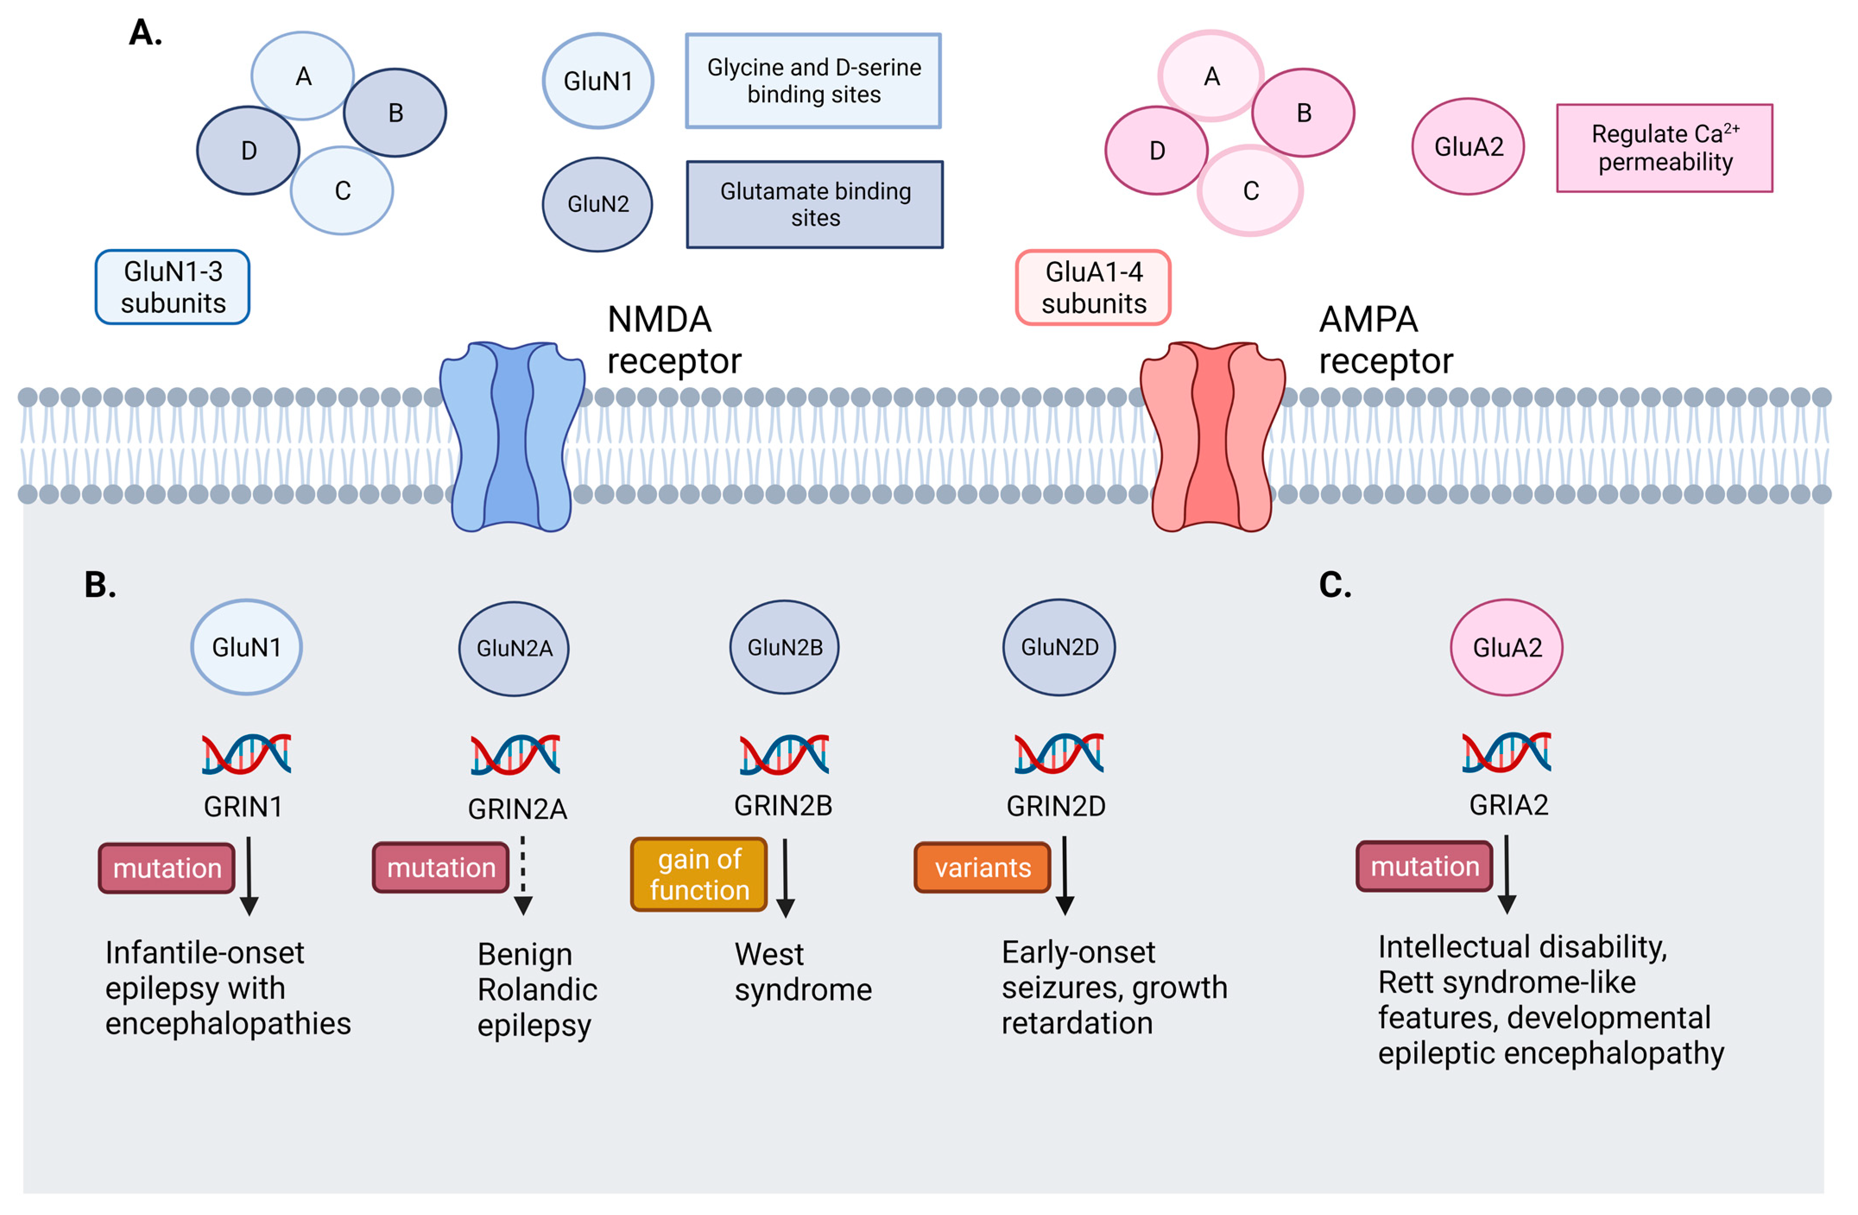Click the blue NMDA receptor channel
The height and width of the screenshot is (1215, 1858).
tap(512, 437)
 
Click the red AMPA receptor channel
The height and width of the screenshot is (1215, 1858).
tap(1212, 437)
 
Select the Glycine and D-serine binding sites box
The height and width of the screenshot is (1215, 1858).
tap(813, 81)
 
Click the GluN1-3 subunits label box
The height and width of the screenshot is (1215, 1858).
tap(173, 287)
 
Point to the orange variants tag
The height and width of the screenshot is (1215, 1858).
tap(982, 868)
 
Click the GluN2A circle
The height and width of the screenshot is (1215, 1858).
tap(514, 648)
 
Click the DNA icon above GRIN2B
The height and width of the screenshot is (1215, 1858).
tap(784, 754)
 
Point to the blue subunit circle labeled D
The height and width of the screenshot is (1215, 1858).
tap(248, 151)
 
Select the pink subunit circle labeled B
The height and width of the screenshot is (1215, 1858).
tap(1303, 113)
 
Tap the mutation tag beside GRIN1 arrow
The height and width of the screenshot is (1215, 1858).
tap(167, 868)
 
